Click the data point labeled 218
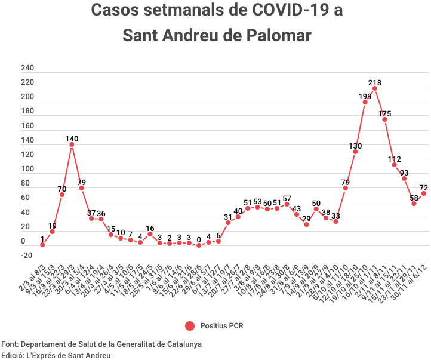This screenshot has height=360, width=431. [375, 88]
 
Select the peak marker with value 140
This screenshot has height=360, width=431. [72, 144]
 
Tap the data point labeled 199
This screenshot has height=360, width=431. [365, 102]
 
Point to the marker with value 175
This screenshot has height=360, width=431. [384, 119]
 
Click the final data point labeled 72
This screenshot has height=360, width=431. [424, 193]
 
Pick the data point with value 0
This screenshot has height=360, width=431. [199, 245]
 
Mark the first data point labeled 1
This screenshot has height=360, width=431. [42, 244]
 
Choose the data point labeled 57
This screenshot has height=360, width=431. [287, 204]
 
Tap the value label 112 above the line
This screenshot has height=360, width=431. [394, 159]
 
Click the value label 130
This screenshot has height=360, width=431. [355, 146]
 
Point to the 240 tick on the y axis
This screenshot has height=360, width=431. [27, 68]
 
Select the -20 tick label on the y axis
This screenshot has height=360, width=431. [26, 256]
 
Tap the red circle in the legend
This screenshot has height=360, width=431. [190, 325]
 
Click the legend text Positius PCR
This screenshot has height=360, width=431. [221, 325]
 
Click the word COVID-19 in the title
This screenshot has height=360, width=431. [282, 10]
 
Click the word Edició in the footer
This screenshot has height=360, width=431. [13, 355]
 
